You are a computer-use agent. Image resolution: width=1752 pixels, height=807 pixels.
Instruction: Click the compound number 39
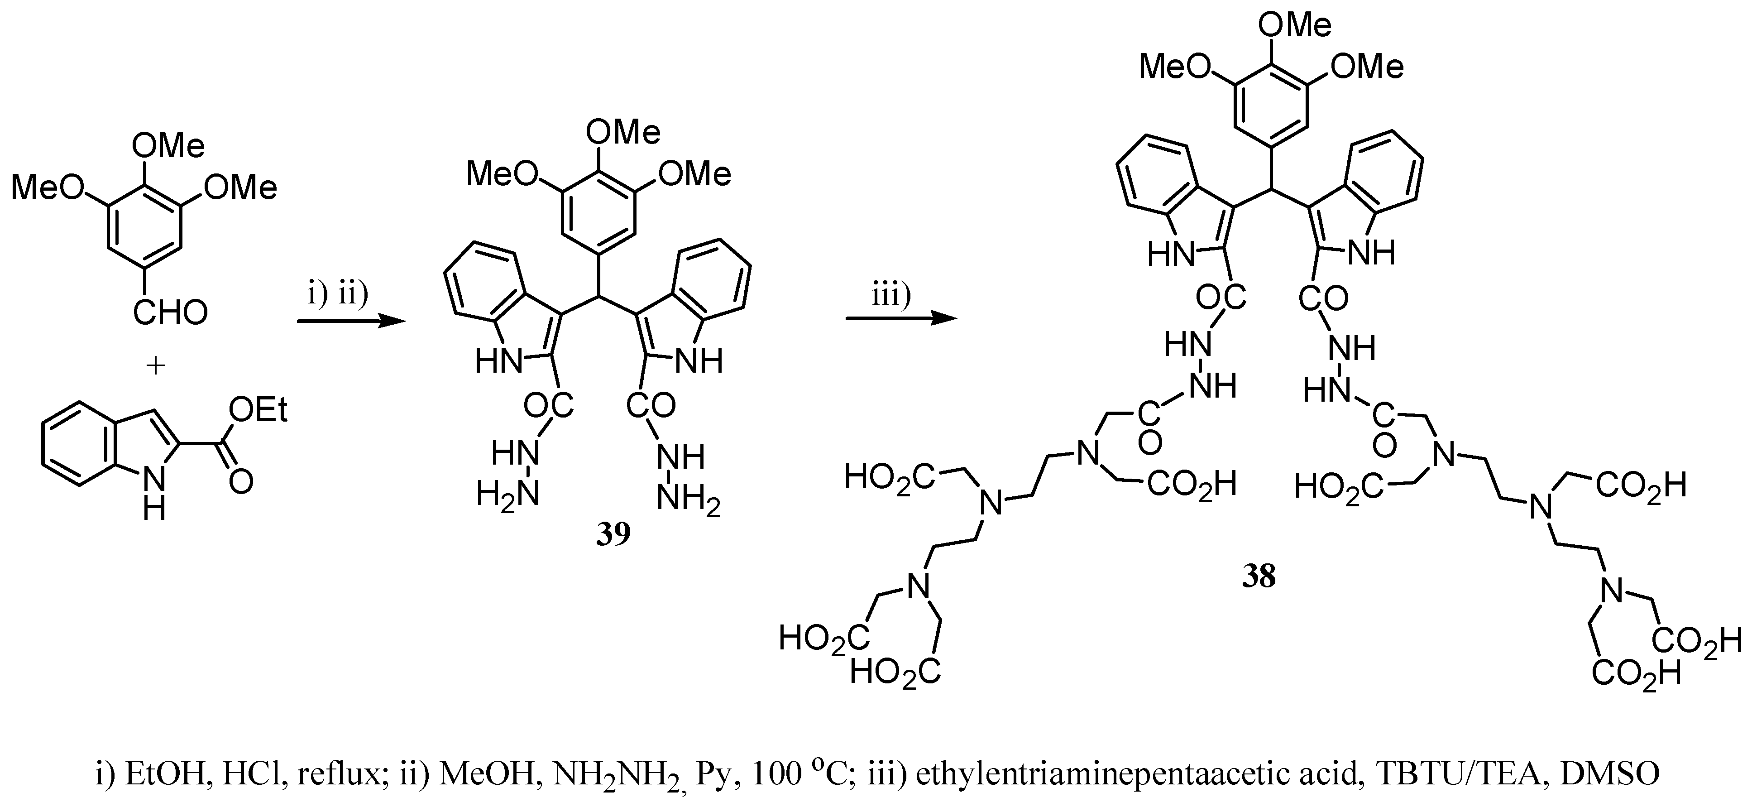pyautogui.click(x=613, y=535)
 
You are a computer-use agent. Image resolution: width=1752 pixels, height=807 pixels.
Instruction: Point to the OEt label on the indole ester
pyautogui.click(x=258, y=410)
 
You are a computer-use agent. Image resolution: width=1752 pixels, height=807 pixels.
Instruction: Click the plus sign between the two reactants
pyautogui.click(x=156, y=366)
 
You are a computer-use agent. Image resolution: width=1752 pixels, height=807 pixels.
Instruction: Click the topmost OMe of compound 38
pyautogui.click(x=1294, y=26)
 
